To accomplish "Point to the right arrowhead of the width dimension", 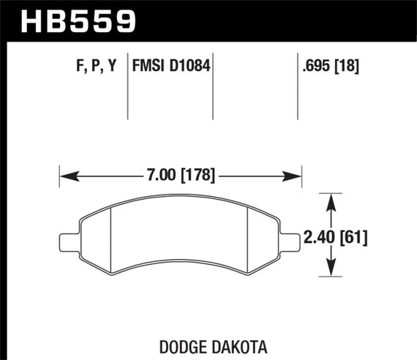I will tap(296, 176).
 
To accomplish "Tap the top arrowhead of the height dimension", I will tap(331, 199).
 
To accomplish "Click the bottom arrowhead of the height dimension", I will tap(331, 274).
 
